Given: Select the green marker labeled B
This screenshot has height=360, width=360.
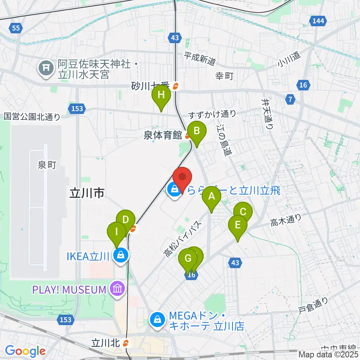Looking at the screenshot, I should pos(196,131).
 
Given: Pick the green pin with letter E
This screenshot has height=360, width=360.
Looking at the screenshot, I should pos(238,225).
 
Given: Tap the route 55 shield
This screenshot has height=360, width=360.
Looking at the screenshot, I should pos(15,28).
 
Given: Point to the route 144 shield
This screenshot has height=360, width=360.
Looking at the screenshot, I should pos(318,21).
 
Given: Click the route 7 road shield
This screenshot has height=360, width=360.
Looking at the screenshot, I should pos(289,100).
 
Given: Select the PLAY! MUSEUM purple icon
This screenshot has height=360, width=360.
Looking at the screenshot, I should pos(117,289).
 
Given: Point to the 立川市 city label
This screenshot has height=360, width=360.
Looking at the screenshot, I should pos(87,193).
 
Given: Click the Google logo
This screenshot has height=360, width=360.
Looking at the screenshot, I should pos(25,351).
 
